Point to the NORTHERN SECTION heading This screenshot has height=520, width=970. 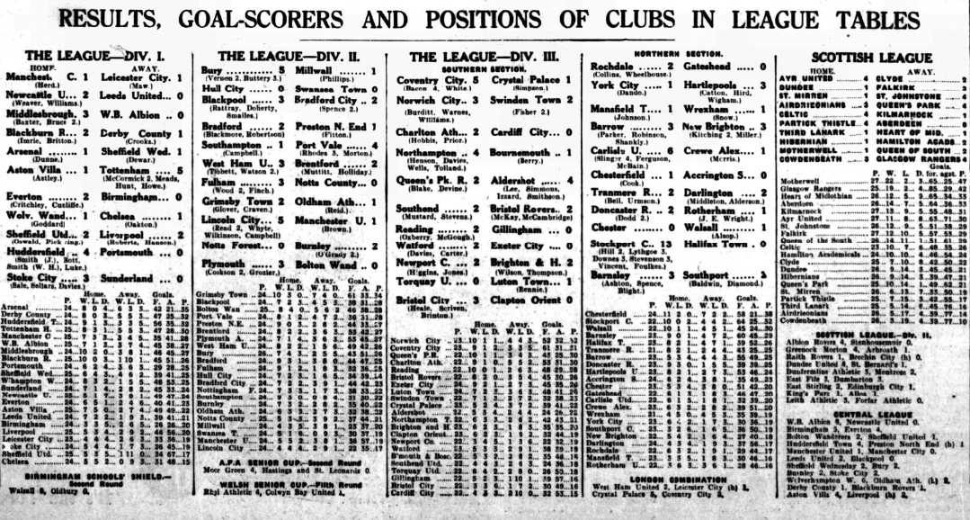tap(681, 54)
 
